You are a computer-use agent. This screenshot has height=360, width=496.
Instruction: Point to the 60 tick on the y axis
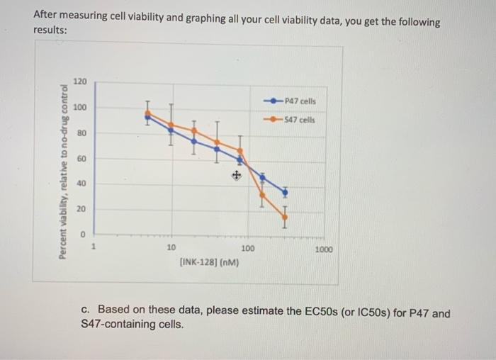click(x=81, y=158)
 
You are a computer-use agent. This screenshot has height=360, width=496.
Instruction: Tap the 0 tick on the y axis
click(x=83, y=234)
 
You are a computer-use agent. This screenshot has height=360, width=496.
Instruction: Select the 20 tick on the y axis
click(x=81, y=209)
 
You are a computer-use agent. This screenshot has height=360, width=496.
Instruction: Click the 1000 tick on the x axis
click(x=322, y=249)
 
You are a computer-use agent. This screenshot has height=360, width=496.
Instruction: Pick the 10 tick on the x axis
click(x=171, y=249)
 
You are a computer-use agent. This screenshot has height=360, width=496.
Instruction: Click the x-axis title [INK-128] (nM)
click(x=209, y=263)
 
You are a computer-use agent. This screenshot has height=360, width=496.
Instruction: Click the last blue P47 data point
click(x=285, y=191)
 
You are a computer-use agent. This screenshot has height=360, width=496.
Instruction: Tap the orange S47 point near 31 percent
click(x=262, y=194)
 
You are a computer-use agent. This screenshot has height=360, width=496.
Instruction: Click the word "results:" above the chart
click(x=51, y=31)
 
